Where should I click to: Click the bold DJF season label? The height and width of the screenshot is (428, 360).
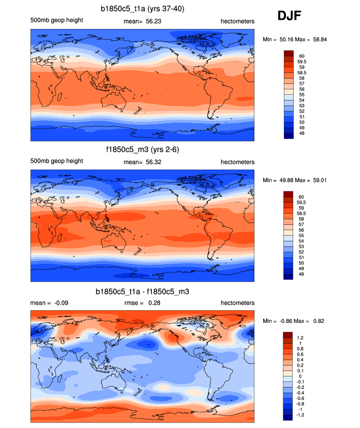click(289, 16)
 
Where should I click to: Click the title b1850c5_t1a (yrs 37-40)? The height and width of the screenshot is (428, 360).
click(142, 9)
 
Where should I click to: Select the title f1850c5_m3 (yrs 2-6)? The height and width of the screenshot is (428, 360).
click(142, 150)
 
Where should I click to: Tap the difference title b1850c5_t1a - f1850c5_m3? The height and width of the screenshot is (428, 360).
click(142, 292)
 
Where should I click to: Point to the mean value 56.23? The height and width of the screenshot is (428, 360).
click(154, 21)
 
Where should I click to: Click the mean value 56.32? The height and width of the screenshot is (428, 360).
click(154, 162)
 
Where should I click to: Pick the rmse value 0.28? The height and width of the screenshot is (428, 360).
click(154, 303)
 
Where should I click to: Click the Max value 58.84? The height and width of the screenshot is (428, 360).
click(318, 39)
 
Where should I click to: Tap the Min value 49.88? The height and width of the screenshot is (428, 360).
click(284, 181)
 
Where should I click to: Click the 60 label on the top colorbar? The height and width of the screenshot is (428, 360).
click(301, 56)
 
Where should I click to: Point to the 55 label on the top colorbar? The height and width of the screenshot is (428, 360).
click(301, 94)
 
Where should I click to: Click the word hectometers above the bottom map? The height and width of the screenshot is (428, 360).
click(238, 303)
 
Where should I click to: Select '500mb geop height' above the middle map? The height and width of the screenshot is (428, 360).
click(56, 161)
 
